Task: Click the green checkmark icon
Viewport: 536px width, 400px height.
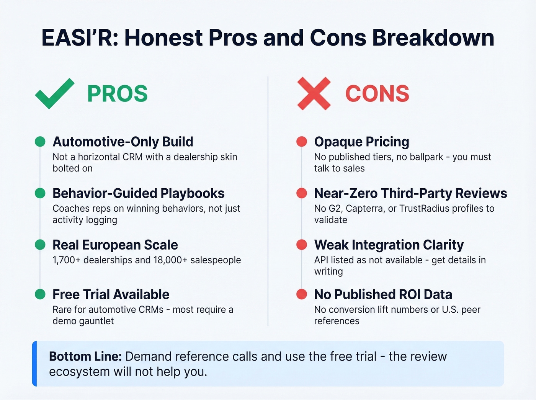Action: click(54, 94)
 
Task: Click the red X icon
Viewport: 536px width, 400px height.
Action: click(314, 94)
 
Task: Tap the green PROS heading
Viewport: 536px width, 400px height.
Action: click(117, 94)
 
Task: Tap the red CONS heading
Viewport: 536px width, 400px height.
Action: click(377, 94)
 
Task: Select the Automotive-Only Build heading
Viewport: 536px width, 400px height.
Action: click(123, 142)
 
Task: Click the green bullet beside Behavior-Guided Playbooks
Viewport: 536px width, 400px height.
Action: click(40, 193)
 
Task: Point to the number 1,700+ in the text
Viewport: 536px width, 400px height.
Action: click(66, 260)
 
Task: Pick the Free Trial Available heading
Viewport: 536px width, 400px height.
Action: click(111, 294)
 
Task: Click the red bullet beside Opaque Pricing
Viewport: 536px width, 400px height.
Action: click(302, 142)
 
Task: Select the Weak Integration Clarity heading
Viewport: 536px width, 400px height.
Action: click(389, 245)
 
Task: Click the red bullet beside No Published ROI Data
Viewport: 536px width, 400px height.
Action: click(302, 294)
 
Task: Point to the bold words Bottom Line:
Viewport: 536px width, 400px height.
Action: click(85, 357)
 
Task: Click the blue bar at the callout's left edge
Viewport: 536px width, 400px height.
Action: click(34, 364)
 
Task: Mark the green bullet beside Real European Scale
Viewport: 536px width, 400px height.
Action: click(40, 245)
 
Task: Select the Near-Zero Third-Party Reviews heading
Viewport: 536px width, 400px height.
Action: click(410, 193)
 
